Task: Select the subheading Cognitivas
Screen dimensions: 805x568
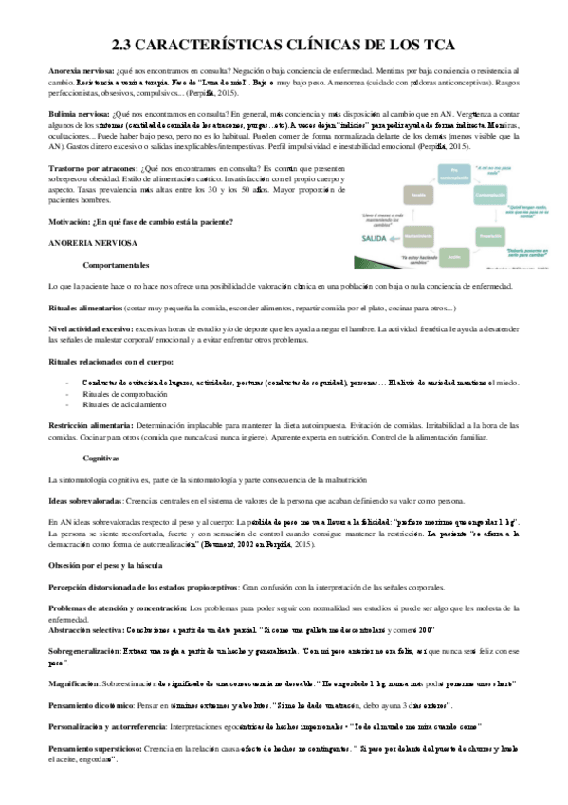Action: [103, 457]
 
